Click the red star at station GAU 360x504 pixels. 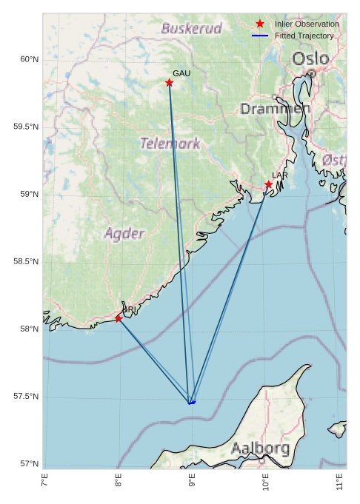point(170,83)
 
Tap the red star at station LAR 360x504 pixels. point(269,184)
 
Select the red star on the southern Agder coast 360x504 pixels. point(119,318)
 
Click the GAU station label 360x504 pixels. point(181,73)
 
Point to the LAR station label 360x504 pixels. point(279,175)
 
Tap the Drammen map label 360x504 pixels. point(275,109)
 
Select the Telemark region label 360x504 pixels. point(170,143)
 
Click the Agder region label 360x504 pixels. point(124,234)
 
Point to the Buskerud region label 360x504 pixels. point(192,29)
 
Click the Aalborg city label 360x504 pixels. point(260,448)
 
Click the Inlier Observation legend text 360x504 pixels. point(307,24)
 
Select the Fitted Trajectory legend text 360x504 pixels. point(304,36)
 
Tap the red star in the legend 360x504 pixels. point(259,24)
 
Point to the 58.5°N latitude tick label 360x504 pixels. point(26,262)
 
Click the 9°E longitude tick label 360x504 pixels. point(192,482)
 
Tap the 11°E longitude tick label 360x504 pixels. point(340,482)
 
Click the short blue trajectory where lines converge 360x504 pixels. point(192,403)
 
